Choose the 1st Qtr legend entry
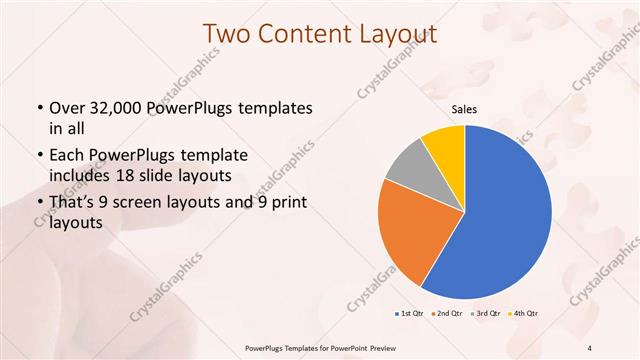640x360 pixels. tap(410, 314)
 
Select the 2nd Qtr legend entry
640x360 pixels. tap(445, 314)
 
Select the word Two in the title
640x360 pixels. tap(227, 34)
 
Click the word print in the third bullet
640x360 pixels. tap(287, 204)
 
